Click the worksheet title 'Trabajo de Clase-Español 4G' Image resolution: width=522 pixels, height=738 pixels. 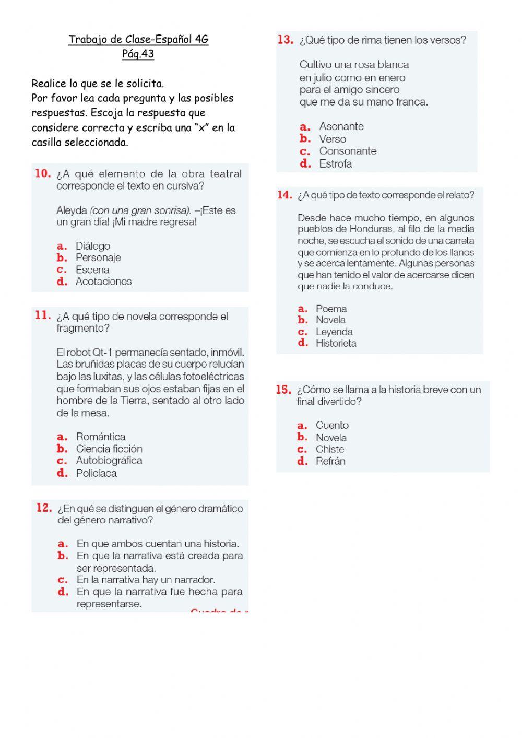[x=138, y=39]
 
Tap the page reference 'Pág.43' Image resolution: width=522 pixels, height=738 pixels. [x=138, y=54]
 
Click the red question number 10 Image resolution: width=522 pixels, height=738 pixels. [x=43, y=173]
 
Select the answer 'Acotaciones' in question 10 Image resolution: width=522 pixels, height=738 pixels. [x=103, y=282]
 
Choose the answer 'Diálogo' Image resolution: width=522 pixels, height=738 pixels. [x=93, y=246]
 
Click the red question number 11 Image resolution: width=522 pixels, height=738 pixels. [x=43, y=315]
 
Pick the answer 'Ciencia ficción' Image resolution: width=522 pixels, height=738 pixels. [x=109, y=449]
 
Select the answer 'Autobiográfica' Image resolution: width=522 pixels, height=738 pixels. [x=109, y=461]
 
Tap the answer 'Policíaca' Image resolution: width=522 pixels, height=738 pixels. [x=97, y=473]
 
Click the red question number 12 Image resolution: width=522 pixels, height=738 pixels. [x=44, y=508]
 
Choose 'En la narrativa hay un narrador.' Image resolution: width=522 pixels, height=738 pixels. [x=146, y=580]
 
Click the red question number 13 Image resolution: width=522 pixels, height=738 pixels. [x=285, y=40]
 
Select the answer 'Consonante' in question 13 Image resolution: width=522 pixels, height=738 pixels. [x=348, y=151]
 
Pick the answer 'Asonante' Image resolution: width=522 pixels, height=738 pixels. [x=341, y=126]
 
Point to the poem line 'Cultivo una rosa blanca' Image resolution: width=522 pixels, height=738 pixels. [x=354, y=65]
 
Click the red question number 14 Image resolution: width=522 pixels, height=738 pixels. [x=284, y=195]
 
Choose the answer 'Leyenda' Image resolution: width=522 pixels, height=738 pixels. [x=334, y=332]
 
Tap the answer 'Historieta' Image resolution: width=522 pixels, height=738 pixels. [x=336, y=343]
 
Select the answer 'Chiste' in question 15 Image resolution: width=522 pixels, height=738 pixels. [x=330, y=449]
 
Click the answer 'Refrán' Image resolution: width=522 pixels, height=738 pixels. [x=330, y=461]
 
